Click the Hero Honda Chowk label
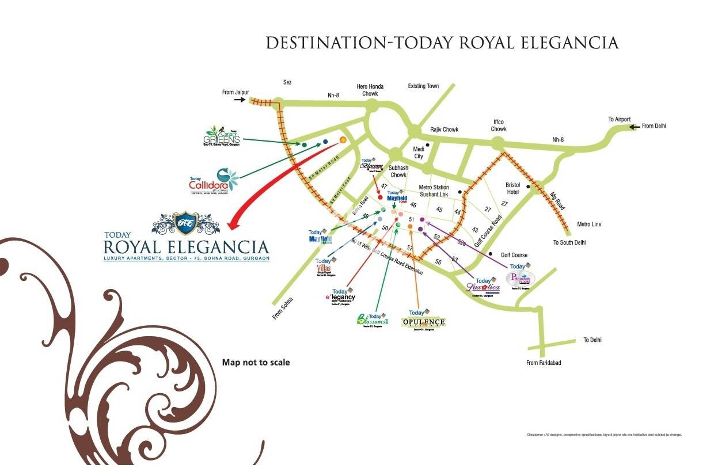tap(370, 90)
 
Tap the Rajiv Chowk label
tap(444, 130)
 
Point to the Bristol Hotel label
tap(512, 188)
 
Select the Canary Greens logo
tap(222, 136)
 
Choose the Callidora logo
tap(214, 181)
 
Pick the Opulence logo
tap(424, 321)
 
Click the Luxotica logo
tap(483, 285)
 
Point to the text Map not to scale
tap(256, 363)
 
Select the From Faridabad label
tap(543, 363)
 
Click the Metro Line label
tap(588, 224)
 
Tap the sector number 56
tap(438, 262)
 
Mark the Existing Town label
tap(423, 86)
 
